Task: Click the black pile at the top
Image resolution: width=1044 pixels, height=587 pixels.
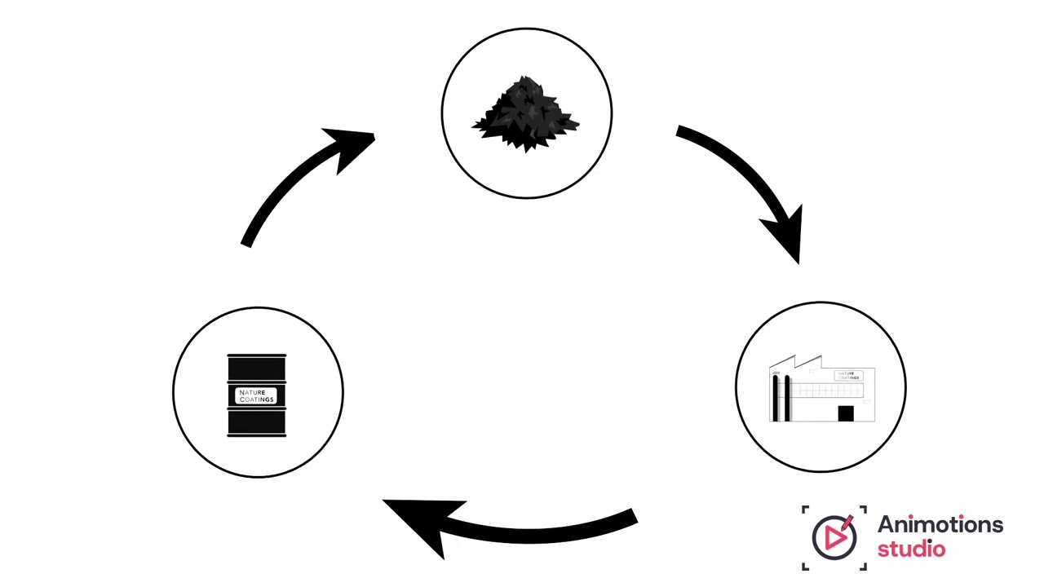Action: tap(526, 116)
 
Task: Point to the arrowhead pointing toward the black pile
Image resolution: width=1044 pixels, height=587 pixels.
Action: tap(352, 148)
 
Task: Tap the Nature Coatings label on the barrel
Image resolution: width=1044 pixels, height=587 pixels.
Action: tap(257, 396)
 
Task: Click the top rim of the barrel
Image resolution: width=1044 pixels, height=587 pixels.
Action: tap(257, 356)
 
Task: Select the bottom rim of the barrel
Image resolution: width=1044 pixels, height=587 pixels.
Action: tap(257, 435)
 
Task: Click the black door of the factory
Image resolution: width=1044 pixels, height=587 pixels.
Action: tap(845, 413)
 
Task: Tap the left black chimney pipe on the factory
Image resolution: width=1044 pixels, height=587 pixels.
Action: tap(775, 398)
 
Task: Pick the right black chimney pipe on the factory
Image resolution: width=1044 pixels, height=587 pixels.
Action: tap(787, 398)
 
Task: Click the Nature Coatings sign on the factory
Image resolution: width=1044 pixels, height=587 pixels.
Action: tap(848, 376)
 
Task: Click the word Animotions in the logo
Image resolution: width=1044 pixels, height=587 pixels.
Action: tap(940, 525)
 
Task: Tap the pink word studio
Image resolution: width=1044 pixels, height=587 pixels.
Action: tap(911, 549)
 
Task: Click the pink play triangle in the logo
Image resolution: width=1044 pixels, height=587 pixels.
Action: tap(834, 537)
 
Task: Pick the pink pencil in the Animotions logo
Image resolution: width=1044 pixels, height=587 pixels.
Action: tap(847, 519)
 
